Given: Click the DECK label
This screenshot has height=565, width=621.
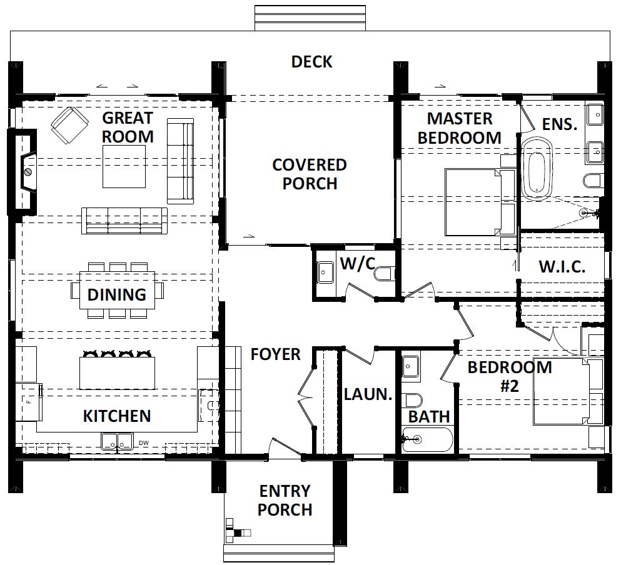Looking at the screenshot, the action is (x=311, y=62).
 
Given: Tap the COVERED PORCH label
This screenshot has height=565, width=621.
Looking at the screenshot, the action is (x=310, y=174).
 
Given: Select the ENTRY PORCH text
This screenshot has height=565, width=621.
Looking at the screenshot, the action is (x=285, y=501).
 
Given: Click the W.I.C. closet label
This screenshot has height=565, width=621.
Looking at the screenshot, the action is (x=562, y=267).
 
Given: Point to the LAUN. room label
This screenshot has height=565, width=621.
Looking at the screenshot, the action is (x=368, y=394).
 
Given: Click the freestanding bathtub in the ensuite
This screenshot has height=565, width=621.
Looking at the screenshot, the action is (x=537, y=168).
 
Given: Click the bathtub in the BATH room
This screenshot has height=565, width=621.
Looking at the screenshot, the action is (x=427, y=439).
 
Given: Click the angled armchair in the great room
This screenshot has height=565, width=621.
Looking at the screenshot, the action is (x=69, y=126).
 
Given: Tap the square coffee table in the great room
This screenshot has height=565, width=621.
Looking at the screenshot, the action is (x=124, y=167).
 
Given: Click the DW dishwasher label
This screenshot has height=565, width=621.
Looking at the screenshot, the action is (x=144, y=443).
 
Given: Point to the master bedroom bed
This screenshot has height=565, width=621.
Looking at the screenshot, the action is (x=480, y=202).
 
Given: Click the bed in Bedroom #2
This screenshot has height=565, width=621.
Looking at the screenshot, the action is (x=568, y=392).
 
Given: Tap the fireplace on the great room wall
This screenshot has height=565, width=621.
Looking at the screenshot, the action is (x=24, y=172).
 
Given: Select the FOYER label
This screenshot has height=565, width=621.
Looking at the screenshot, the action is (x=276, y=354).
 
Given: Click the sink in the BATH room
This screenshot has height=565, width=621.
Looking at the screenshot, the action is (x=411, y=367).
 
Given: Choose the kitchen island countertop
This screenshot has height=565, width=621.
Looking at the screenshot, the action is (x=117, y=373).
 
